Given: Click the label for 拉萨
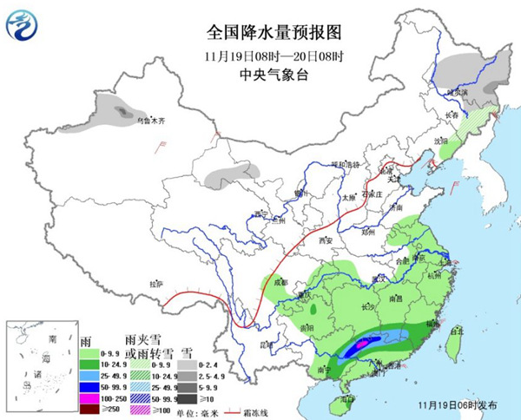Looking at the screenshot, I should (x=155, y=284).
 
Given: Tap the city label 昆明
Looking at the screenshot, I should (x=254, y=345).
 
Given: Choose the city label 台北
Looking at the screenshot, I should (x=455, y=331).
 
